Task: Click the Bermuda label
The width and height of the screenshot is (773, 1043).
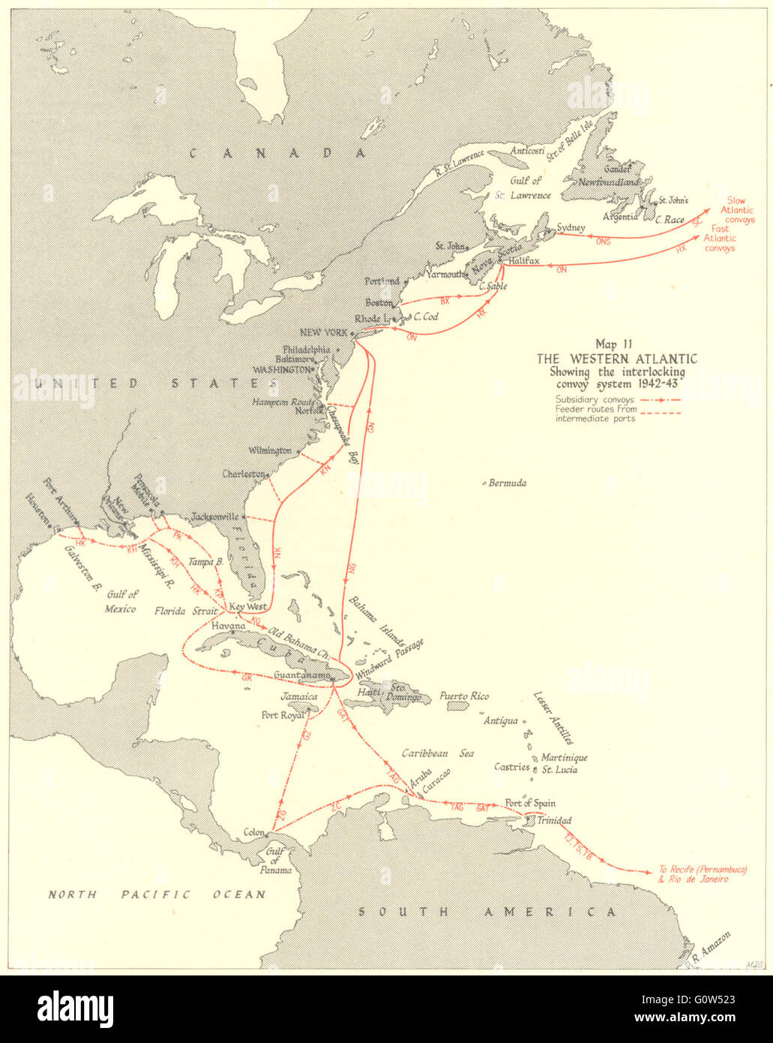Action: click(507, 482)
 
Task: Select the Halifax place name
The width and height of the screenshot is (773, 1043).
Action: click(523, 260)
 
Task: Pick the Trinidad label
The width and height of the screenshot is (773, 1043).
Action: click(554, 820)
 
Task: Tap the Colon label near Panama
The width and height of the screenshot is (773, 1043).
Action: click(254, 832)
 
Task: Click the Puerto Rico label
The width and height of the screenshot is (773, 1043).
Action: click(464, 696)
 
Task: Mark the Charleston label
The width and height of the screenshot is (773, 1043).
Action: click(244, 474)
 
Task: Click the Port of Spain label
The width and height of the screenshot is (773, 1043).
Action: click(530, 803)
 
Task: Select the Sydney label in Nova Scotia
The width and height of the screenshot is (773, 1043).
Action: click(571, 227)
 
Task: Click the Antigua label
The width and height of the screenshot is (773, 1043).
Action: click(500, 720)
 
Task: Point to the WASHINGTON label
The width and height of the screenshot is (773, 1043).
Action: click(281, 369)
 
